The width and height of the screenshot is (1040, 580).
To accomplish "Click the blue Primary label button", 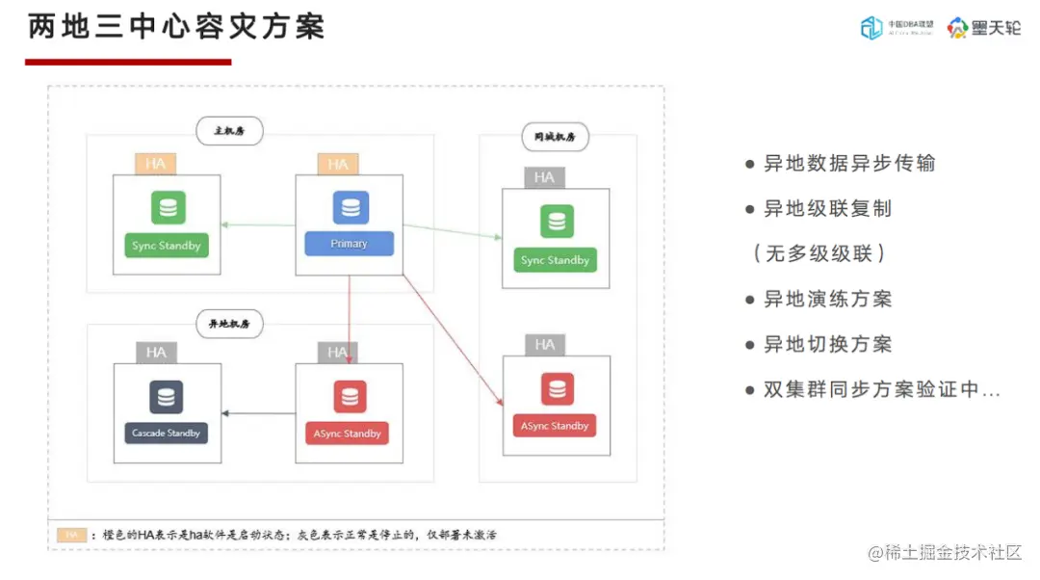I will click(349, 244).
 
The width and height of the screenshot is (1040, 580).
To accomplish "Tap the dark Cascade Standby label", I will click(167, 434).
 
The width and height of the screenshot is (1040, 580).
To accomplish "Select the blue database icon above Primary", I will click(350, 208).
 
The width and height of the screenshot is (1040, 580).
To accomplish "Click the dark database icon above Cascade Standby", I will click(167, 397).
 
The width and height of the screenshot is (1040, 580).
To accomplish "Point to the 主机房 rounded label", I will click(230, 130).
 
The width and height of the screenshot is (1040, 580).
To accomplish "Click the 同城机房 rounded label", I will click(555, 137).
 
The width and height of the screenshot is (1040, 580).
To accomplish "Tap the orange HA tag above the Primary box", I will click(338, 165).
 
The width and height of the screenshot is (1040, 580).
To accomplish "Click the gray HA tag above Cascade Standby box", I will click(156, 353).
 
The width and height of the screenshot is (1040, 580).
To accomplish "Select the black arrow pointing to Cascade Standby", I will click(258, 414).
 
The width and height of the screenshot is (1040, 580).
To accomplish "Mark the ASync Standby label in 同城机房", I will click(555, 426).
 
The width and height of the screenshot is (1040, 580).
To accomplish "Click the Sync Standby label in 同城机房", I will click(555, 260).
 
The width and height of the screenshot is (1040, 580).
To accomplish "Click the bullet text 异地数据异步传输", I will click(848, 164).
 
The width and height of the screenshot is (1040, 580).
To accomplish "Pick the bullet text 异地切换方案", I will click(827, 344).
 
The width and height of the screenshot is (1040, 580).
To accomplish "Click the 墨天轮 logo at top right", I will click(983, 28).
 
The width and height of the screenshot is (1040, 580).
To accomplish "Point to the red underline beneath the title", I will click(128, 63).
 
